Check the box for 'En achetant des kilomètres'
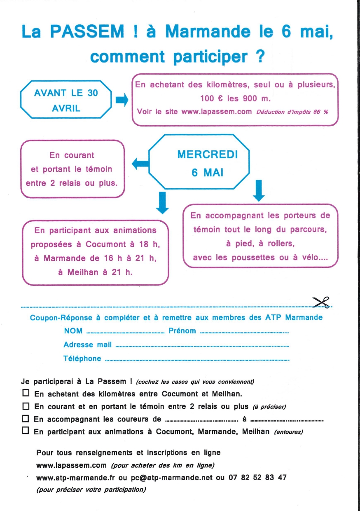26,393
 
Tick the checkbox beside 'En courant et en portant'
26,406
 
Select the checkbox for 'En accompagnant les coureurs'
26,419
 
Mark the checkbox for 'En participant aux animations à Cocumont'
26,431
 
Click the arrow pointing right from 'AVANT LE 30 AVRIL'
122,100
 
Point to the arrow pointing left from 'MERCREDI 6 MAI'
140,164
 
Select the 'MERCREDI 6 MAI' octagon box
199,163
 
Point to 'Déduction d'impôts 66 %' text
292,112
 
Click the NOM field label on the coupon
73,331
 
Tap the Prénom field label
182,331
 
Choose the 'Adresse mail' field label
87,345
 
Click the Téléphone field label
82,359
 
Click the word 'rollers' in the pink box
279,243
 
